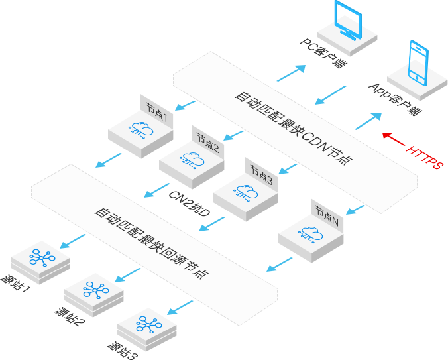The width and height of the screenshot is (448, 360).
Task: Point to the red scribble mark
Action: click(x=388, y=137)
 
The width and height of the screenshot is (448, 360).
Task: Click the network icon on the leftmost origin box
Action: click(x=42, y=257)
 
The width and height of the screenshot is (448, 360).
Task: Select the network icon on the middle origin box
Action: click(x=95, y=290)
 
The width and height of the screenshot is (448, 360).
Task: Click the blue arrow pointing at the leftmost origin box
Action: click(x=65, y=246)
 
